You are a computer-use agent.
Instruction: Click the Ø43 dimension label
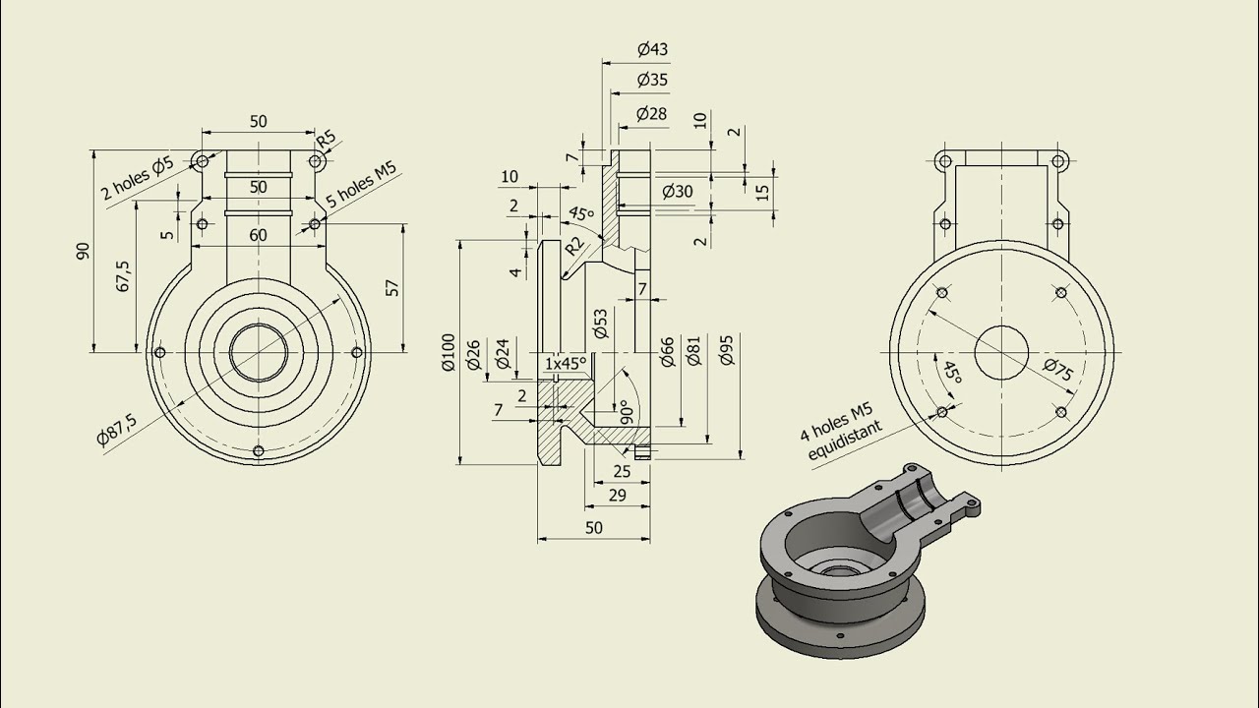click(653, 49)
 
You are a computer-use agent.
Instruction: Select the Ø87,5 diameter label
click(117, 429)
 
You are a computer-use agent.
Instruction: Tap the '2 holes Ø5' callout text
click(137, 177)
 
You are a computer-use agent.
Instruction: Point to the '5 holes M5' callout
click(361, 184)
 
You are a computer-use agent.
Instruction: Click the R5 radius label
click(325, 139)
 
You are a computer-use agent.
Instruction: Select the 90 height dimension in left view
click(83, 251)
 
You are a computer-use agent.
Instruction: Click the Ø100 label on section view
click(449, 352)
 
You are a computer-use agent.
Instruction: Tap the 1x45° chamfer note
click(566, 363)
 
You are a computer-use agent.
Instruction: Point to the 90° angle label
click(622, 411)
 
